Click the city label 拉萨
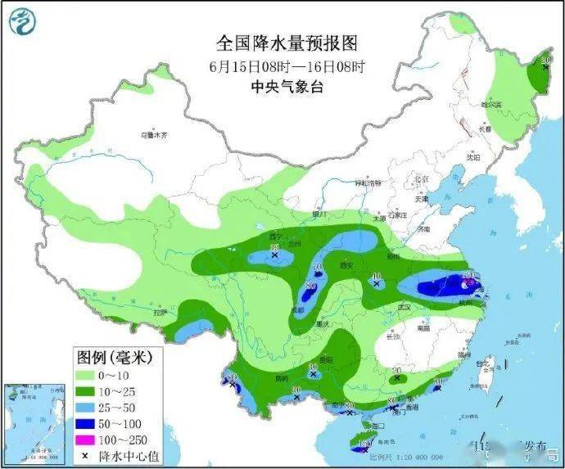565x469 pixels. (160, 312)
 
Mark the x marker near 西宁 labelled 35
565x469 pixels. (274, 255)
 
